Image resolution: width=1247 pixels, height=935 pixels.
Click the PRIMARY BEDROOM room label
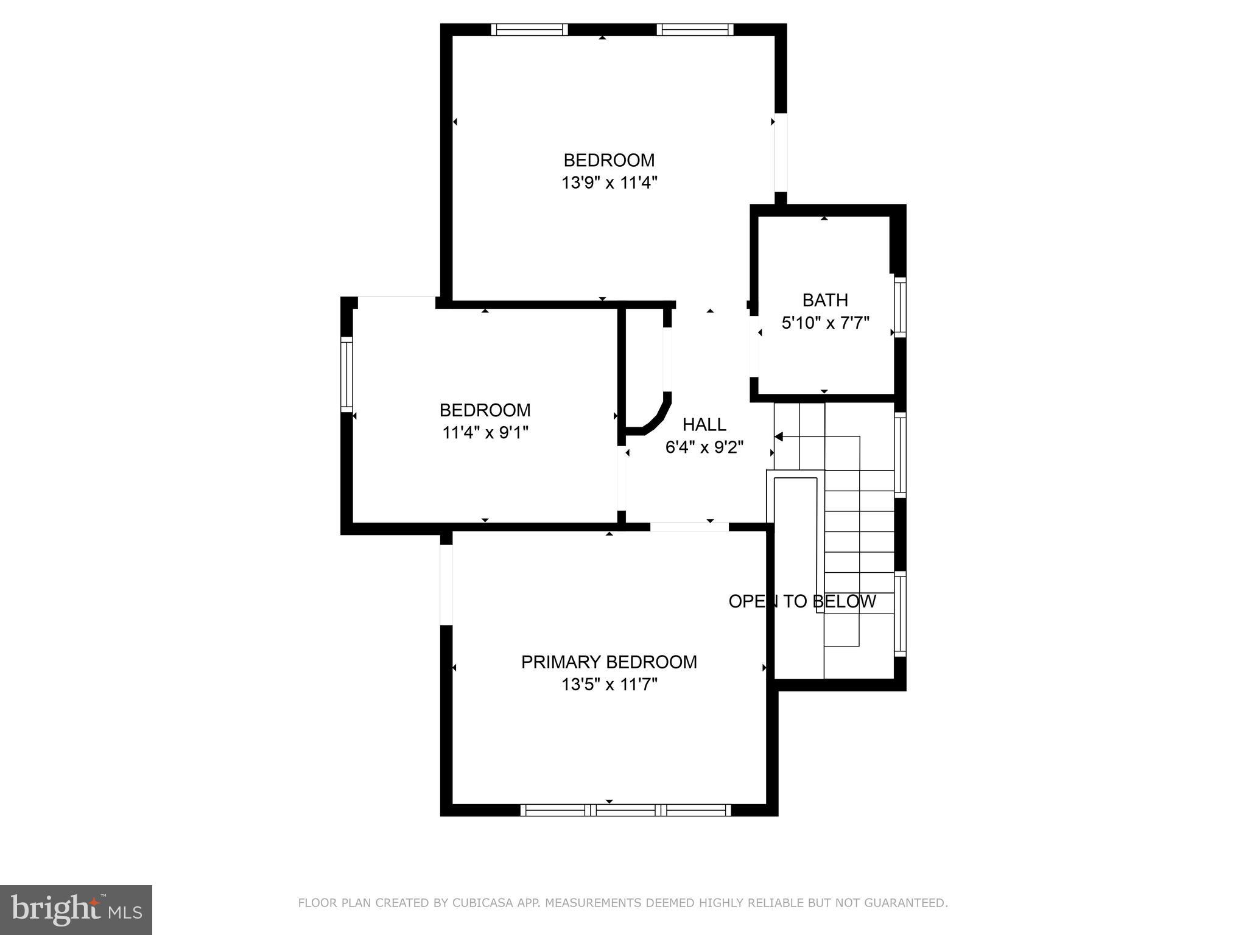[609, 662]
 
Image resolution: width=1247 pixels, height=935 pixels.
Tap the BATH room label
[825, 300]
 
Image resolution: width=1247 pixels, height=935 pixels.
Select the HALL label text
[704, 424]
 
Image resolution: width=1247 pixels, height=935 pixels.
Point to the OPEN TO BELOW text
[802, 601]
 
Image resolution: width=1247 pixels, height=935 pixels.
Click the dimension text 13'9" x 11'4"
[609, 183]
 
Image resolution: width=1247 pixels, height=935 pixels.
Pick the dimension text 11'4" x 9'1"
[485, 433]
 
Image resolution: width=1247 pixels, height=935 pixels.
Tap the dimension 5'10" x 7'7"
[825, 323]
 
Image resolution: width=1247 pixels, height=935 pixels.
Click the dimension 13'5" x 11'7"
[609, 685]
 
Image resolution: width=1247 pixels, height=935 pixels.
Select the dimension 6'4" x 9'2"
[704, 447]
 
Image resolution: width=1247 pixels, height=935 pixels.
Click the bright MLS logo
[76, 909]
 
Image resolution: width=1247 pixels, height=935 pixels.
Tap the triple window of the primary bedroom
[625, 810]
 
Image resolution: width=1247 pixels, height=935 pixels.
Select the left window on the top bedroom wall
[529, 30]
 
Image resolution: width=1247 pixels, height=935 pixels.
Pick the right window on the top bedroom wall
[695, 30]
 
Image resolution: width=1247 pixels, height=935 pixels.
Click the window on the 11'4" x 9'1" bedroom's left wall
[346, 374]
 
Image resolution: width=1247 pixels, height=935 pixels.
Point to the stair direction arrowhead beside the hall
[778, 436]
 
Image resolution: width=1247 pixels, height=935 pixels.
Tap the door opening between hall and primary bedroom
[689, 527]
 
